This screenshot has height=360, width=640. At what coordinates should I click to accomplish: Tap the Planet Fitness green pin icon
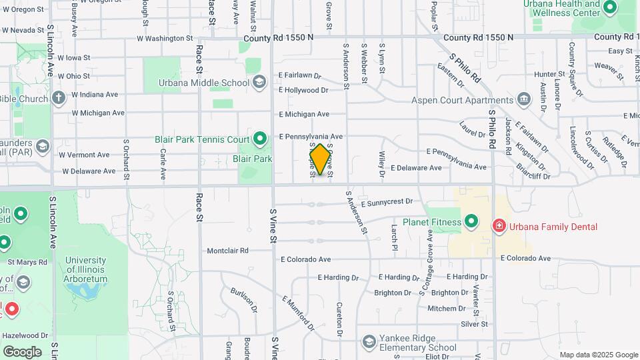tap(471, 221)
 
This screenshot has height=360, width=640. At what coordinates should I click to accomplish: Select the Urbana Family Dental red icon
tap(498, 227)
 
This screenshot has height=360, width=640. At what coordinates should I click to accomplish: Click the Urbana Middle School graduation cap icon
tap(259, 83)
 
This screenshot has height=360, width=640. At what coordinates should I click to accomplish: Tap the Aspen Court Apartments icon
tap(525, 101)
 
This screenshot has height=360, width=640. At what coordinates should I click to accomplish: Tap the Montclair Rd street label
tap(227, 251)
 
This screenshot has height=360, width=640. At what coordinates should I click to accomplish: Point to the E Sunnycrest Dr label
tap(387, 201)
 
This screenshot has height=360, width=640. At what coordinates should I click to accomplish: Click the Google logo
tap(22, 352)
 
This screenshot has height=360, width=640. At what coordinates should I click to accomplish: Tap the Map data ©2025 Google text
tap(599, 355)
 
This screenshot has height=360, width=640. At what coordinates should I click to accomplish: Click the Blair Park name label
tap(252, 159)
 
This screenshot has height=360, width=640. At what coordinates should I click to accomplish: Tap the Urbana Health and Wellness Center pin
tap(609, 8)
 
